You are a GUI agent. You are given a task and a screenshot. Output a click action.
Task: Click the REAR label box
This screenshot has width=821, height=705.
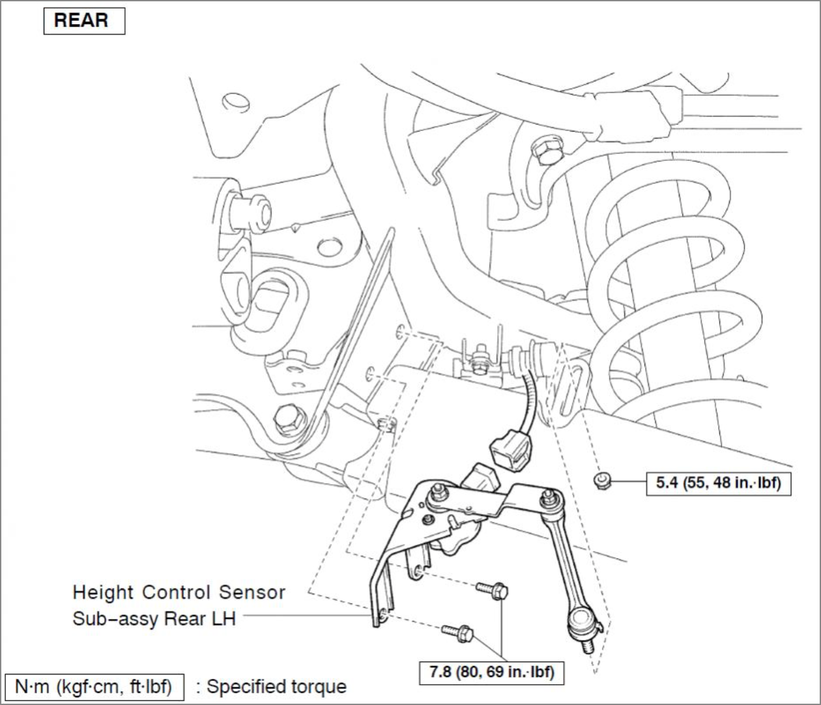(x=83, y=21)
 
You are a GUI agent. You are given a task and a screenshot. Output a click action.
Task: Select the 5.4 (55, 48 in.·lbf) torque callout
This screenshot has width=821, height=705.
(x=718, y=483)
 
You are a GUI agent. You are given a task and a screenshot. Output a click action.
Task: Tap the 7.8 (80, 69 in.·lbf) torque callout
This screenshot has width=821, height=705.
(x=491, y=672)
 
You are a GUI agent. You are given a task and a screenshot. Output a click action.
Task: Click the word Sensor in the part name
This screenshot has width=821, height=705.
(x=252, y=592)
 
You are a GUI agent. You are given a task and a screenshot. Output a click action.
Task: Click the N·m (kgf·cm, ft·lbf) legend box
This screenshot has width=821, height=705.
(x=93, y=687)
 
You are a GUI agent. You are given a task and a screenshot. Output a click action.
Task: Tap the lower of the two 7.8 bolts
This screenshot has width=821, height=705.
(x=457, y=631)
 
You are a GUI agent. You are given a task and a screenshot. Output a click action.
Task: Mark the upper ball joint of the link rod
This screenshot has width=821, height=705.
(x=549, y=499)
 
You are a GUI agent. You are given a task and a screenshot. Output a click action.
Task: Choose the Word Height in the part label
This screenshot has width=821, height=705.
(x=104, y=592)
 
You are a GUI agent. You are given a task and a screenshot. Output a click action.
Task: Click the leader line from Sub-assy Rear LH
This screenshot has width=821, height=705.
(x=306, y=614)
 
